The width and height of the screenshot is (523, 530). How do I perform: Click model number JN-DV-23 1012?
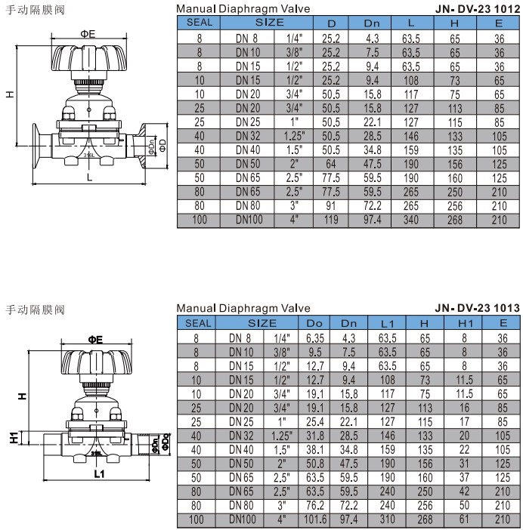pos(478,9)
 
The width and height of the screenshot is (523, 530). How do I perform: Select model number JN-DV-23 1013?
pos(478,308)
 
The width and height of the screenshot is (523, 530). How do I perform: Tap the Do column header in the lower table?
pos(314,323)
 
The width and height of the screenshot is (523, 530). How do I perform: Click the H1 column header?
pos(465,323)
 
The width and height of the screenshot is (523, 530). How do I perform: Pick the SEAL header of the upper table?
pos(200,23)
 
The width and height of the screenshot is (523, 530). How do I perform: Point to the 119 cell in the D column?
pos(331,220)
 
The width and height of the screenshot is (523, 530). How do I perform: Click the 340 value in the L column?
pos(411,220)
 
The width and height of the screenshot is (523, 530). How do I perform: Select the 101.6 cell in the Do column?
pos(315,519)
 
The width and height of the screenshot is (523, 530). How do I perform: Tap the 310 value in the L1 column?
pos(388,519)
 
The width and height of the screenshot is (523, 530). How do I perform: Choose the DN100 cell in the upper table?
pos(249,220)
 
